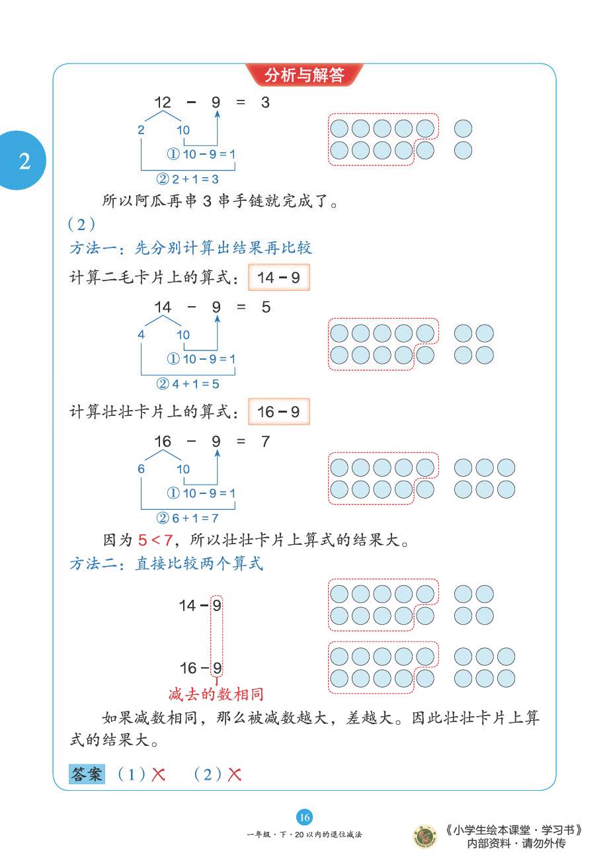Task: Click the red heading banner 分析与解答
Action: pos(304,75)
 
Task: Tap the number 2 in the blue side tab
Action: pos(24,161)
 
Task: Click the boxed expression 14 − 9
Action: pos(278,278)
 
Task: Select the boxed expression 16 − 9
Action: pos(278,412)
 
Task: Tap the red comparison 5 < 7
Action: pos(155,540)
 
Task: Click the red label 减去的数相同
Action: pos(216,694)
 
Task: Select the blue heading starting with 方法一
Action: pos(190,248)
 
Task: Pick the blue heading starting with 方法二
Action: pos(166,563)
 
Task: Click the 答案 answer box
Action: pos(87,774)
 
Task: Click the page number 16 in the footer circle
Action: pos(304,817)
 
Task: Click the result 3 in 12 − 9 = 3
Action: pos(265,102)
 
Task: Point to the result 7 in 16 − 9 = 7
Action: pos(265,441)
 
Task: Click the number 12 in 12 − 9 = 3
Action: pos(163,102)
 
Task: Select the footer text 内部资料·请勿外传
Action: pos(516,843)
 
